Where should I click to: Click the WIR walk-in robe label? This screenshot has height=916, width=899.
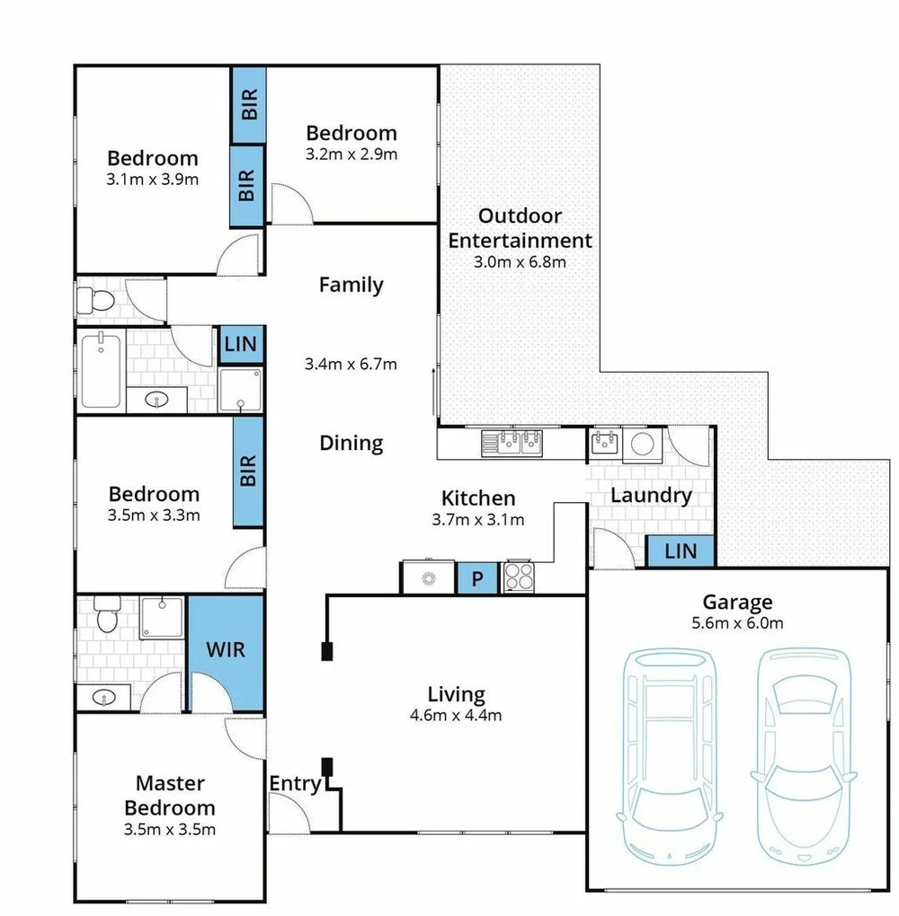pyautogui.click(x=225, y=648)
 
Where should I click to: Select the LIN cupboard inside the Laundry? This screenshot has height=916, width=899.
pyautogui.click(x=681, y=550)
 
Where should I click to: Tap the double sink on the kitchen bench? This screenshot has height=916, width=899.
pyautogui.click(x=512, y=442)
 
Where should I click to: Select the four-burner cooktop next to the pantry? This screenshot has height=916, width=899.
pyautogui.click(x=520, y=577)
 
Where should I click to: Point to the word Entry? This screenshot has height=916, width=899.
pyautogui.click(x=295, y=784)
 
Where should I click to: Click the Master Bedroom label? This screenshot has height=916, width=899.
pyautogui.click(x=170, y=795)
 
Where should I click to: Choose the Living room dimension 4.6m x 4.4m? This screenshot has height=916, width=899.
pyautogui.click(x=457, y=716)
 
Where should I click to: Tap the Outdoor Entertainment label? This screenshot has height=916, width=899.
pyautogui.click(x=520, y=228)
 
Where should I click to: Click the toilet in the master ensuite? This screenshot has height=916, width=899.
pyautogui.click(x=106, y=615)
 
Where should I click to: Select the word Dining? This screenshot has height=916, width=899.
pyautogui.click(x=351, y=443)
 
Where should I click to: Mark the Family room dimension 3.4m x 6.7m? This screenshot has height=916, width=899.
pyautogui.click(x=351, y=365)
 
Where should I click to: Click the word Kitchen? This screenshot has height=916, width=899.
pyautogui.click(x=478, y=498)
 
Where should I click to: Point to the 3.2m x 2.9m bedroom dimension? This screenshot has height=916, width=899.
pyautogui.click(x=351, y=154)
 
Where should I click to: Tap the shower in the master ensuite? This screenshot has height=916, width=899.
pyautogui.click(x=160, y=618)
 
